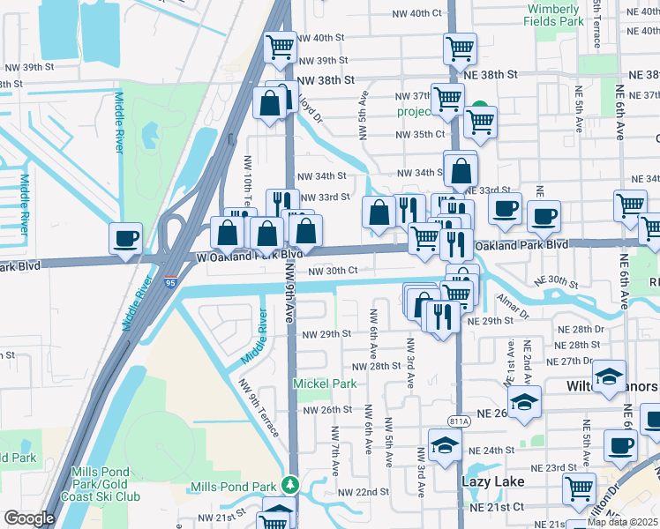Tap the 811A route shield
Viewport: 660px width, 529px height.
coord(458,421)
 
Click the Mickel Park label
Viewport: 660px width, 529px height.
coord(325,384)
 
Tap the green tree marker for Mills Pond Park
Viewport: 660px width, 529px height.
coord(289,486)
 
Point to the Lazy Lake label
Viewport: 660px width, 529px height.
coord(492,481)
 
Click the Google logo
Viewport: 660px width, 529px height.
coord(29,518)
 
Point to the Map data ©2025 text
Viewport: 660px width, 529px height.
coord(623,522)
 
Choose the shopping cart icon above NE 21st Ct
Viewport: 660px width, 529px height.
coord(579,488)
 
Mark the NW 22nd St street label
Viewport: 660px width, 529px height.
coord(363,492)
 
